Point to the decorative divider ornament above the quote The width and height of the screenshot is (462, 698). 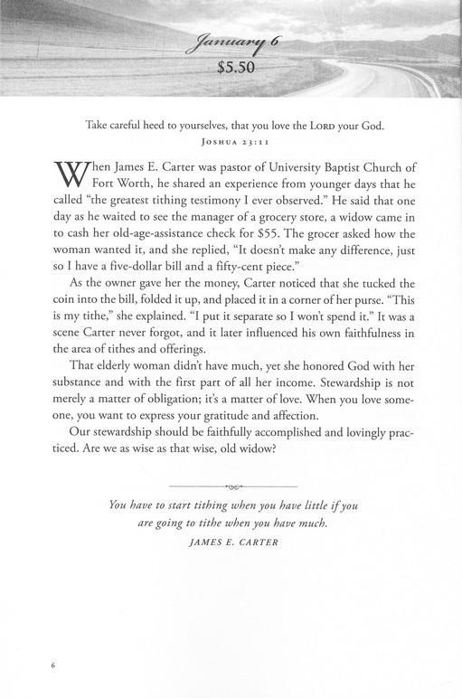[231, 486]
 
